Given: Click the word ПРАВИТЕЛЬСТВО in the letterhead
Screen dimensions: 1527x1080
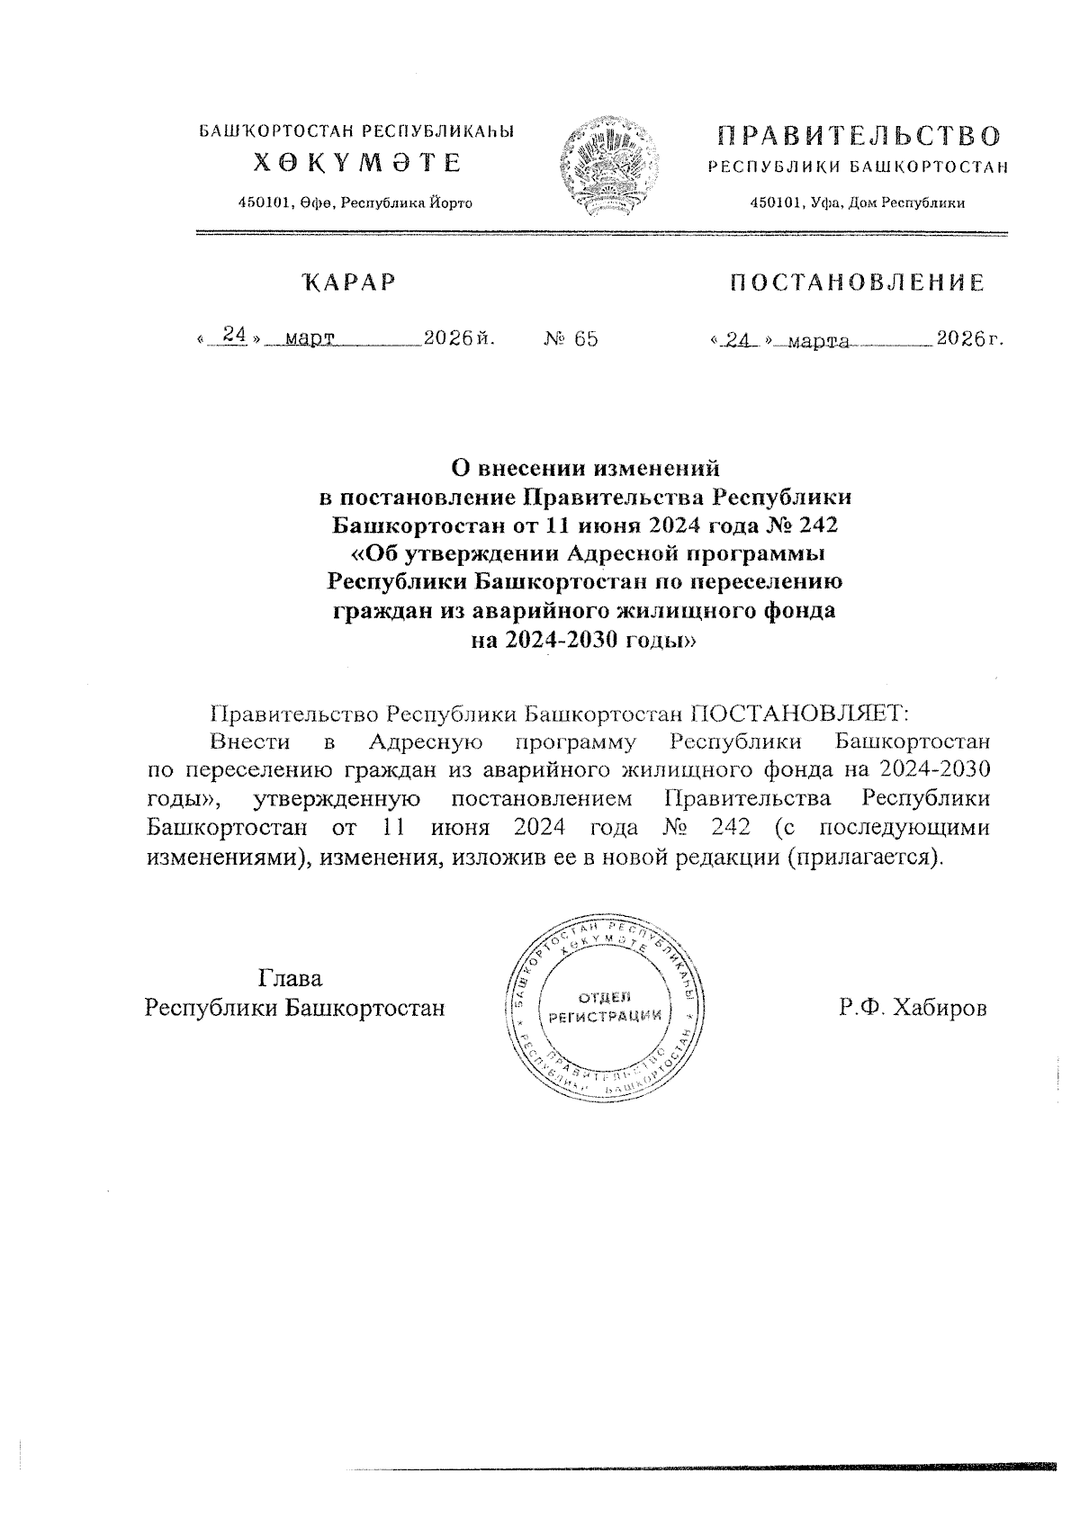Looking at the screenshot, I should click(859, 137).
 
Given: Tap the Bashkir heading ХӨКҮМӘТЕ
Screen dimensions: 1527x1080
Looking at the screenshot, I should click(356, 163).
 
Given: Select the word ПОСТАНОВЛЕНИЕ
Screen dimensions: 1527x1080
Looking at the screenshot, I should click(856, 283).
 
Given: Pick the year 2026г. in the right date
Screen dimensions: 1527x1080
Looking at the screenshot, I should click(969, 339).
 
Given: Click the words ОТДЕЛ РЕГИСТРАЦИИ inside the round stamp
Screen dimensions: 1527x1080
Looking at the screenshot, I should click(605, 1007).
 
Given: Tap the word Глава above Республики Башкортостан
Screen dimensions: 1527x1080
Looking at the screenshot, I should click(291, 978).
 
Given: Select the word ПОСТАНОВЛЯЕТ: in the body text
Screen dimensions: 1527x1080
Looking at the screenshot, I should click(800, 714).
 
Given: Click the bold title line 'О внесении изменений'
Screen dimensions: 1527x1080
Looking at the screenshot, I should click(586, 468).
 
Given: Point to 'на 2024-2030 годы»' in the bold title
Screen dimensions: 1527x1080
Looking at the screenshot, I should click(586, 641).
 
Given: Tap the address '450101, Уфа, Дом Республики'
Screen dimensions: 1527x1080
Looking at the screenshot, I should click(858, 203).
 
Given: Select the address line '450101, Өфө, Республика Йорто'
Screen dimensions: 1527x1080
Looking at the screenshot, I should click(355, 203).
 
